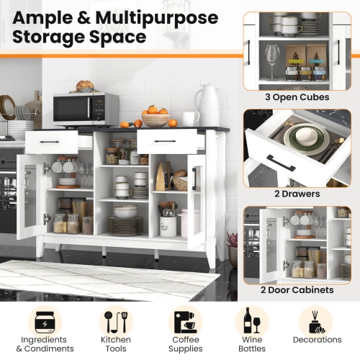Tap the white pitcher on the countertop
208,106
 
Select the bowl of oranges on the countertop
155,117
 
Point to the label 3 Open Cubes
297,97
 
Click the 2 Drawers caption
297,194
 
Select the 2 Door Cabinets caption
297,289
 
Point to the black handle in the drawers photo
281,163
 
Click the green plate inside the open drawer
298,137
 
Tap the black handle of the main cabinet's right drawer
165,141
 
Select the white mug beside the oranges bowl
189,119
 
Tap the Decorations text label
318,340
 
